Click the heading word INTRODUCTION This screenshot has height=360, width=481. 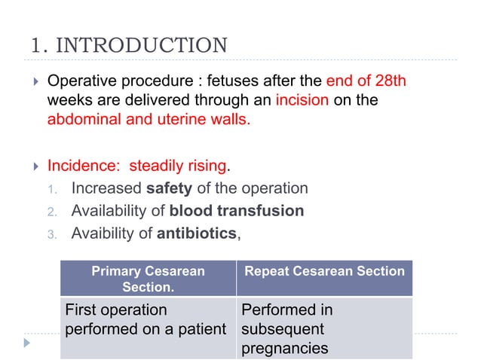pyautogui.click(x=142, y=44)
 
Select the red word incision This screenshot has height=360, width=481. pyautogui.click(x=302, y=99)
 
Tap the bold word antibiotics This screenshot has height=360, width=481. pyautogui.click(x=196, y=233)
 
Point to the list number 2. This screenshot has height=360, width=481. pyautogui.click(x=52, y=212)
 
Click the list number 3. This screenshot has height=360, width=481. pyautogui.click(x=52, y=234)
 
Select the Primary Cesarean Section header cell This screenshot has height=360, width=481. pyautogui.click(x=148, y=279)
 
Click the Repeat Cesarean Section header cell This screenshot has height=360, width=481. pyautogui.click(x=323, y=271)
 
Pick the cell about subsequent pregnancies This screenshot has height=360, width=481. pyautogui.click(x=323, y=328)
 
